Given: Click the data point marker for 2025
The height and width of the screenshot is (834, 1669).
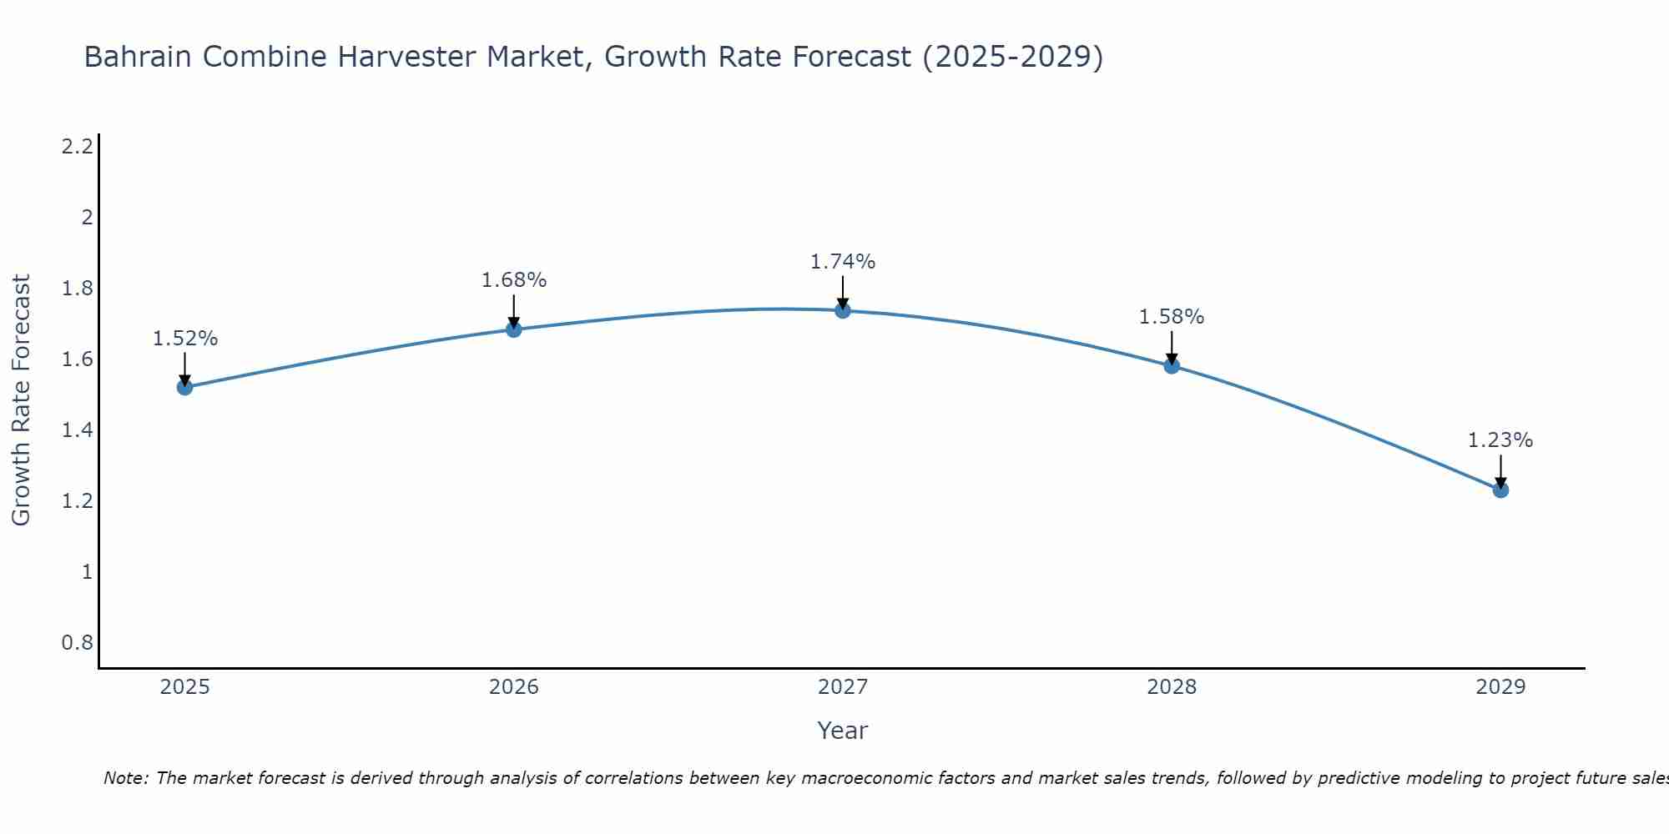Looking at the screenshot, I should tap(185, 387).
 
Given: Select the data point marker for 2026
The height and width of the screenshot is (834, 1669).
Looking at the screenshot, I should tap(514, 329).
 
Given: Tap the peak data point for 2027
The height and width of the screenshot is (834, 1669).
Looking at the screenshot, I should tap(843, 311).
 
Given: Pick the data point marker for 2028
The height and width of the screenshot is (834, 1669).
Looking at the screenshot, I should tap(1172, 365).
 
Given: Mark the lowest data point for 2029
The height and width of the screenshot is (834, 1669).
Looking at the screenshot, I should tap(1500, 490).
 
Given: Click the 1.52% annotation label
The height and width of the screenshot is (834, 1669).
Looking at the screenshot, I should tap(185, 339).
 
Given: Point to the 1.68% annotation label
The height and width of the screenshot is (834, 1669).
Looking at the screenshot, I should tap(514, 280).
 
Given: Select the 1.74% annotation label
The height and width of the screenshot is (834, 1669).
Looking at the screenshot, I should tap(843, 262).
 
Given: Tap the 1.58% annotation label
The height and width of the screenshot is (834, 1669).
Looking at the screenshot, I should tap(1172, 317).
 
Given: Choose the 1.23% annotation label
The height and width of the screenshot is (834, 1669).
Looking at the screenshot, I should tap(1500, 440).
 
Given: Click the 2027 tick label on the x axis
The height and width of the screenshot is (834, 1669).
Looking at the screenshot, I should tap(843, 687).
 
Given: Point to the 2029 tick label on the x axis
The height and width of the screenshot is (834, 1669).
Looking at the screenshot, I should tap(1500, 687).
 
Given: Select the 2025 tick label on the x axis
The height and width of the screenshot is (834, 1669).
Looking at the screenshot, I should tap(185, 687).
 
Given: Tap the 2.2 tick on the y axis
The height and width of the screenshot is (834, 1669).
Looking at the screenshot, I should tap(77, 147).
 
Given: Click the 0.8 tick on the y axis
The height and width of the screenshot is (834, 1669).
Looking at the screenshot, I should tap(77, 643).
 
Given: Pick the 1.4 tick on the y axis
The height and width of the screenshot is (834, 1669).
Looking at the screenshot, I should tap(77, 430).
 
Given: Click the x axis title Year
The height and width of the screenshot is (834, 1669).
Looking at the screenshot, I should tap(843, 731).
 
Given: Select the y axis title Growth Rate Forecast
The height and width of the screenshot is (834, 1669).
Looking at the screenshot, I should tap(22, 400).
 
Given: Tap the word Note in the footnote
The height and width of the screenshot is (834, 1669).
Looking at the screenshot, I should tap(124, 778).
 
